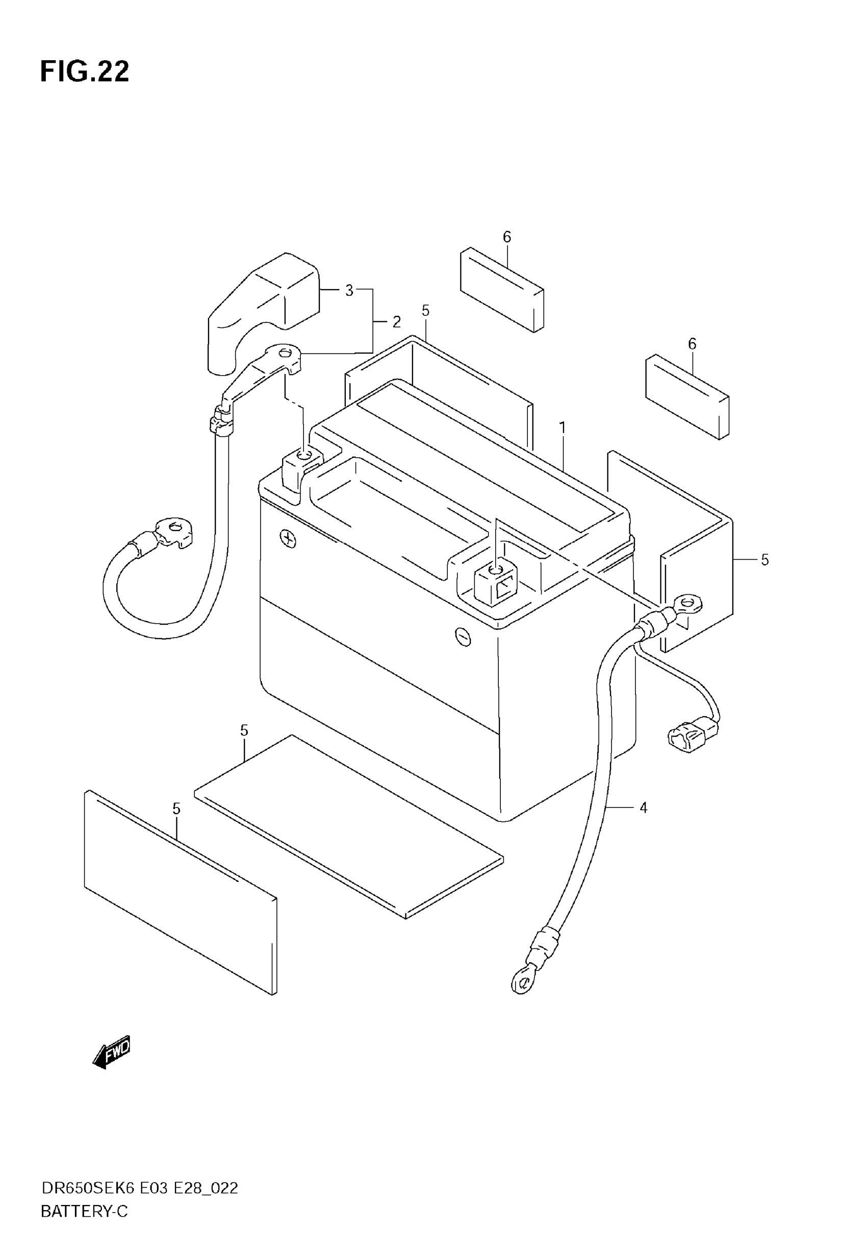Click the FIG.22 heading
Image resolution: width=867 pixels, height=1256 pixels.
click(x=85, y=71)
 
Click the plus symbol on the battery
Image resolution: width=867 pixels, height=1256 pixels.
click(x=288, y=538)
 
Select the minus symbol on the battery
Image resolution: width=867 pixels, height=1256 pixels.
click(x=463, y=637)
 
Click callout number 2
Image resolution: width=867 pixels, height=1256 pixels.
click(x=397, y=322)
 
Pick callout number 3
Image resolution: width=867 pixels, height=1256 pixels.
click(x=349, y=291)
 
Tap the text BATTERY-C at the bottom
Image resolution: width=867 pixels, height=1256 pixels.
click(x=84, y=1212)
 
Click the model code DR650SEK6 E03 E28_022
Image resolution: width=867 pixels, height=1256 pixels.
click(x=140, y=1188)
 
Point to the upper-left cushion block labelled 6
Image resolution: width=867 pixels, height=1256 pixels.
click(x=501, y=290)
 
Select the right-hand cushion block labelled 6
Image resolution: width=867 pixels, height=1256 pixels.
click(x=686, y=396)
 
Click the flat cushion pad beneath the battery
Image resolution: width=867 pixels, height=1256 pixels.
click(x=348, y=826)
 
